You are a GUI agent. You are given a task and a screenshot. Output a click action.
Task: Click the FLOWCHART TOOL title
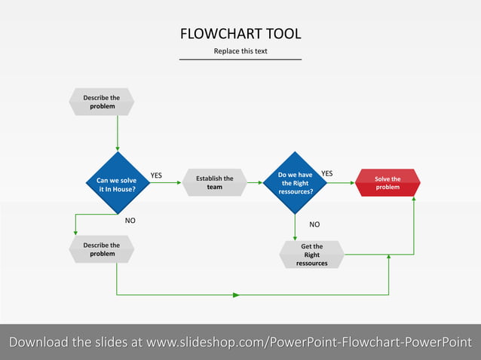240,34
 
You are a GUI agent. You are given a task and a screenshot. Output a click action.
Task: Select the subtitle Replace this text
240,51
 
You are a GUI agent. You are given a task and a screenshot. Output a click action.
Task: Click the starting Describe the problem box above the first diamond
102,102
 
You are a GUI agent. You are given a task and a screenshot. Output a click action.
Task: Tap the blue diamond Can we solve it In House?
117,185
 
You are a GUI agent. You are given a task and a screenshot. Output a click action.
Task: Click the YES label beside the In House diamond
156,175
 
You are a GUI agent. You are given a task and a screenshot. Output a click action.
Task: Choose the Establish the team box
215,182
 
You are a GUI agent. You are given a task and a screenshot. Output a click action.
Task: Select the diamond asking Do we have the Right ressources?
295,183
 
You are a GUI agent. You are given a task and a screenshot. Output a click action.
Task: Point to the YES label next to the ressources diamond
326,173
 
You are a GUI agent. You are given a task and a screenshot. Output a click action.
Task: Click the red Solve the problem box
388,182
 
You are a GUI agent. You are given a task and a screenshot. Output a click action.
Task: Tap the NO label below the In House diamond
130,221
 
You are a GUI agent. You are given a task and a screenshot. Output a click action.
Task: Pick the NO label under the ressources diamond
314,224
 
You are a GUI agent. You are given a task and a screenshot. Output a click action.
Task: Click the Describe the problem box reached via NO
102,249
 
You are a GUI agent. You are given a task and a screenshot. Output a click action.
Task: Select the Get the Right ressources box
311,255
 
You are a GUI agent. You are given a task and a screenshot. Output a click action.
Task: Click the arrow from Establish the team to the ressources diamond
254,182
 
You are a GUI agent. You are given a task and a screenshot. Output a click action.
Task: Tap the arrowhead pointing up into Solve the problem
413,201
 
